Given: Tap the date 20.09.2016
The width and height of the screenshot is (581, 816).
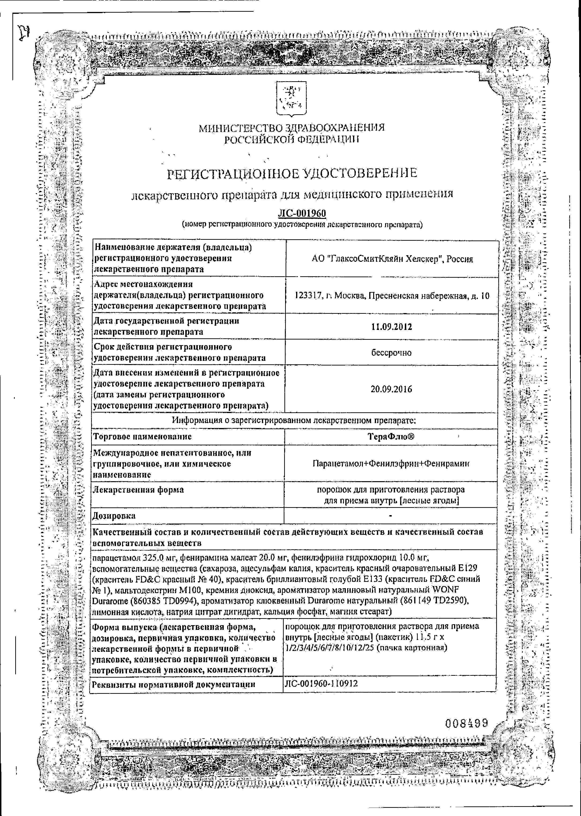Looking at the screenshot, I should coord(391,389).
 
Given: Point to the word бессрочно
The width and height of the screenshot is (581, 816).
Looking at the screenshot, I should coord(391,353).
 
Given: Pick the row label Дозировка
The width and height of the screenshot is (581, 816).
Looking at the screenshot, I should coord(114,516).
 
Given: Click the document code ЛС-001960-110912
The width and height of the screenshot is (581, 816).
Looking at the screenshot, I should coord(321,684).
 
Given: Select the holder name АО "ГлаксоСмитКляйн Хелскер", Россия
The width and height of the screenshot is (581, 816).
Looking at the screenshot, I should coord(392,259).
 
